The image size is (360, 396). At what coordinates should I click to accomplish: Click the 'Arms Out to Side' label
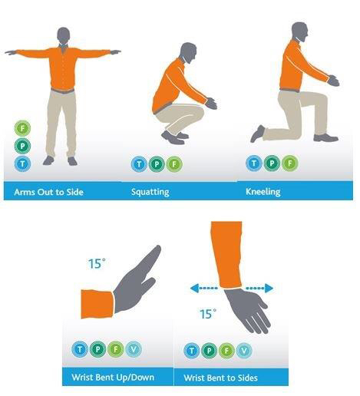point(49,192)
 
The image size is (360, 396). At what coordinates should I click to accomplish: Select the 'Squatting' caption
point(150,192)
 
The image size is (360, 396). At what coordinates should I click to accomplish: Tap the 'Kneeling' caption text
point(263,192)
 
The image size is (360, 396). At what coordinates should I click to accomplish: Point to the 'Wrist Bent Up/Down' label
point(113,378)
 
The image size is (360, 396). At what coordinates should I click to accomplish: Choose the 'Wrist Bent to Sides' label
point(220,378)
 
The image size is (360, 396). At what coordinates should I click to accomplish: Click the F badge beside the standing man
point(22,128)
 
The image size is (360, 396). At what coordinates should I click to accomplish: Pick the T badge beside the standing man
point(22,163)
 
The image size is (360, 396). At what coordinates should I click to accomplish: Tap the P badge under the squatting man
point(157,164)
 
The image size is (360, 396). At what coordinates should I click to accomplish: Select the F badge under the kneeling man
point(290,163)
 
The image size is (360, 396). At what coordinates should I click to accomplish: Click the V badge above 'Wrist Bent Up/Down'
point(134,349)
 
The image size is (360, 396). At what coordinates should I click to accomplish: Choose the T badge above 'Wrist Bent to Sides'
point(192,350)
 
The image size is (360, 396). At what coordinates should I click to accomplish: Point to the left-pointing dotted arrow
point(204,289)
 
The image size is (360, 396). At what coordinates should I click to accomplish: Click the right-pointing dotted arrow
point(259,289)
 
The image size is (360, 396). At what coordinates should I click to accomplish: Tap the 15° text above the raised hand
point(97,264)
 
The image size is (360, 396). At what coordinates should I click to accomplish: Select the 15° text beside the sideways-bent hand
point(208,314)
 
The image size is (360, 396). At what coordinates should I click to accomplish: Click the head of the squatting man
point(188,53)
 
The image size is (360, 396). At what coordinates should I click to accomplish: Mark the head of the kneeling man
point(299,32)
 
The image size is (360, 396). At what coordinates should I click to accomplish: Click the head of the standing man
point(63,36)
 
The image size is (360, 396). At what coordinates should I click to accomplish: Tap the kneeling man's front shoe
point(326,137)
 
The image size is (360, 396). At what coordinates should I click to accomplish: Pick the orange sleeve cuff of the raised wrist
point(97,304)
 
